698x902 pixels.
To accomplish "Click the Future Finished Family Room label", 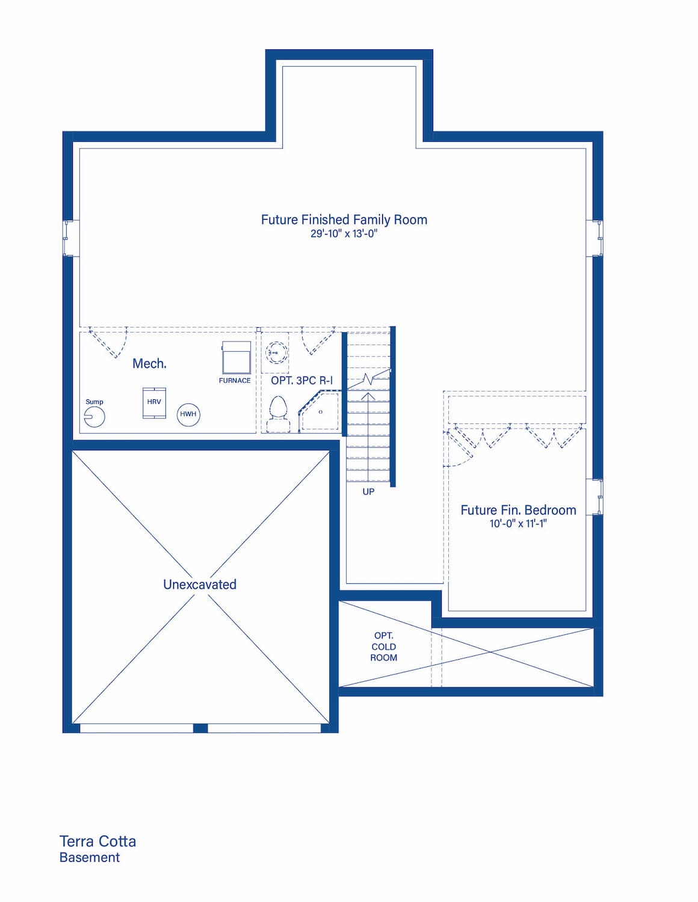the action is click(344, 219).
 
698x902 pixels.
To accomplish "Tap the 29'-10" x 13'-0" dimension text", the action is click(344, 234).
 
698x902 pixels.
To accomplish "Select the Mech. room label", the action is click(149, 364).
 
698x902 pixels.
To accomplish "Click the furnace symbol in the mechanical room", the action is click(236, 357).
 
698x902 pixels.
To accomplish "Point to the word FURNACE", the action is click(235, 380).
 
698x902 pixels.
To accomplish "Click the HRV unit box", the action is click(154, 403).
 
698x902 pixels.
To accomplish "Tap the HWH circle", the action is click(188, 414).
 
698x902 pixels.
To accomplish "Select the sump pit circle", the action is click(94, 416).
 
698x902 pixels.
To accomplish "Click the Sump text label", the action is click(94, 402).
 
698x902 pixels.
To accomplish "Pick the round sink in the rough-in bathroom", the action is click(276, 352).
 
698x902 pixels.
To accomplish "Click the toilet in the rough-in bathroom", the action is click(278, 413).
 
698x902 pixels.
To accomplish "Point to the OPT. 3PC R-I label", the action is click(302, 380).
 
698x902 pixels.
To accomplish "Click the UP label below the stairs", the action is click(368, 491).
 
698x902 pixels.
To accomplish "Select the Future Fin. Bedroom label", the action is click(518, 510).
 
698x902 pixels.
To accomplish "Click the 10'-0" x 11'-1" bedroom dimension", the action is click(518, 524).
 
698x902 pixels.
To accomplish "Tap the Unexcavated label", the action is click(200, 584).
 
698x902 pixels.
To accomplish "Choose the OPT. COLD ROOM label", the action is click(384, 646).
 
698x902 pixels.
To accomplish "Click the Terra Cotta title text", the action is click(97, 841).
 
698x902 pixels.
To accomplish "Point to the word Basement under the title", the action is click(90, 858).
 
